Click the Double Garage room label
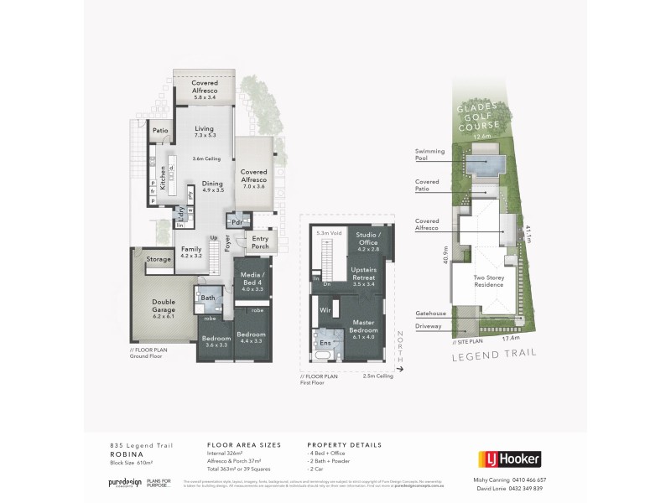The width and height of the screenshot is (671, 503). point(163,307)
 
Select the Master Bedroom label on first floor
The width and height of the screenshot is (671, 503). point(362,327)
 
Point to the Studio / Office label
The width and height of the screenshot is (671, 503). point(368,239)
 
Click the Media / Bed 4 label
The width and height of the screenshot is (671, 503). point(252,278)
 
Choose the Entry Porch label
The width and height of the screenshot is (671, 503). point(261,242)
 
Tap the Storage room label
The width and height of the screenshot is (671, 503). point(159,259)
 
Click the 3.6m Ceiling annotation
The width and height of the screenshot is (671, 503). point(205,158)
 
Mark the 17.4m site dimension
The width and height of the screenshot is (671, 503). point(507,339)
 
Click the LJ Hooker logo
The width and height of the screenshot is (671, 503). point(509,459)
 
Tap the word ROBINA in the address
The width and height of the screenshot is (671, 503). point(123,454)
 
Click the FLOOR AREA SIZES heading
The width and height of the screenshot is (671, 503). point(243,444)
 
